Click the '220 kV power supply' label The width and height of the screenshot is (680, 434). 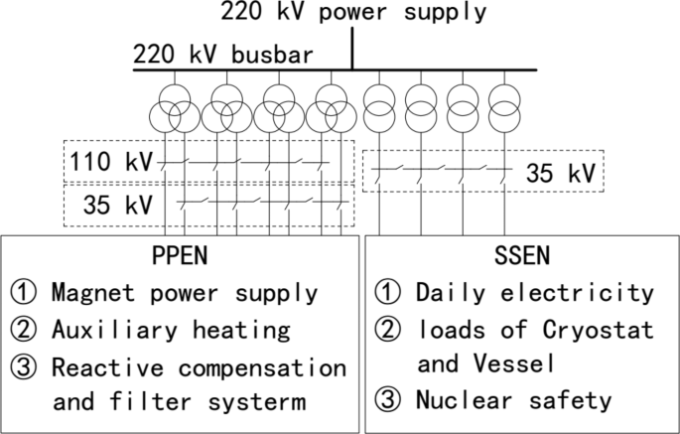[353, 13]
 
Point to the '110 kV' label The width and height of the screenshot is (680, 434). [106, 160]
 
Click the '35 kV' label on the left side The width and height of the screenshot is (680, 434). [117, 206]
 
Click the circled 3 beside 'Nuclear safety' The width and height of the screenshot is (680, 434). [388, 401]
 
